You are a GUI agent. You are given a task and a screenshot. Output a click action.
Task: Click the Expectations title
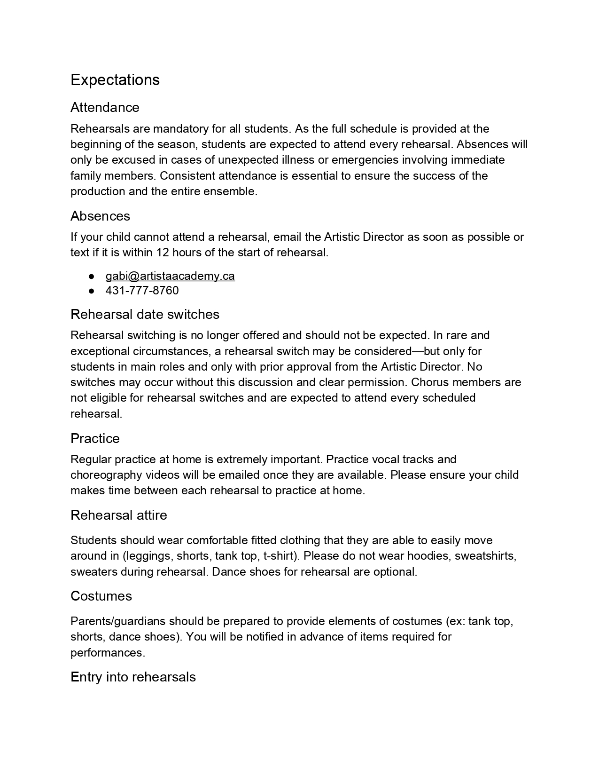coord(115,80)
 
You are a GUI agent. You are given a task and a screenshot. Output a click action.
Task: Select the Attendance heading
coord(105,108)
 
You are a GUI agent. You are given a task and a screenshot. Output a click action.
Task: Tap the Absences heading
coord(100,216)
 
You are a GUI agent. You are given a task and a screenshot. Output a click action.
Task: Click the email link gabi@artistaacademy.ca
coord(170,276)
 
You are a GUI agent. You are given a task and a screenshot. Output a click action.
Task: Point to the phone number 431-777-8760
coord(142,291)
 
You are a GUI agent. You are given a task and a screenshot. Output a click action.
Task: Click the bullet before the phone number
coord(92,291)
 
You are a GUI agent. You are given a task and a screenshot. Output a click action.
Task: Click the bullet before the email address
coord(92,276)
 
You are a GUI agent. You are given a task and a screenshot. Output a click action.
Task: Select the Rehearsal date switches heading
coord(145,314)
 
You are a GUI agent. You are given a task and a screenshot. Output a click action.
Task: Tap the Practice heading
coord(95,438)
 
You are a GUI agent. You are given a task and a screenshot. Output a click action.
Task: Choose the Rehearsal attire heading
coord(118,515)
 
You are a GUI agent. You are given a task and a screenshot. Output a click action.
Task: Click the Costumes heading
coord(101,596)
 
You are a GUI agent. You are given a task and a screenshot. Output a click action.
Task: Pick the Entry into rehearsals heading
coord(133,677)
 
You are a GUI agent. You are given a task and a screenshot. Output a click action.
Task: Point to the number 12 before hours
coord(163,253)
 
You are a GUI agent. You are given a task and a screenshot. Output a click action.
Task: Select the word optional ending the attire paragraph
coord(396,572)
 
